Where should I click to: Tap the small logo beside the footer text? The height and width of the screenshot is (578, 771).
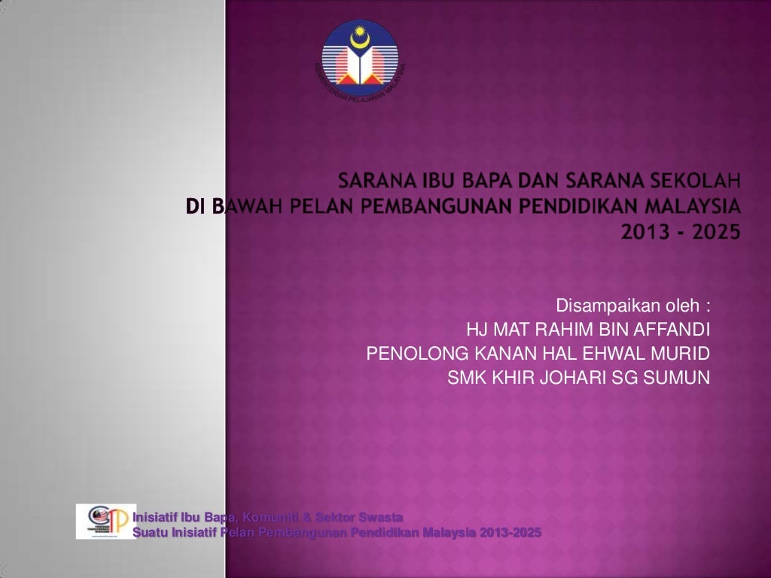(x=105, y=521)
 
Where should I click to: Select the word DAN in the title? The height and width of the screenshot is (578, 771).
(x=530, y=181)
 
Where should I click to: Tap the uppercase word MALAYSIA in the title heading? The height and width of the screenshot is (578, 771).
(x=688, y=205)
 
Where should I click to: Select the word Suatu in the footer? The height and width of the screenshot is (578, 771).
(x=148, y=534)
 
